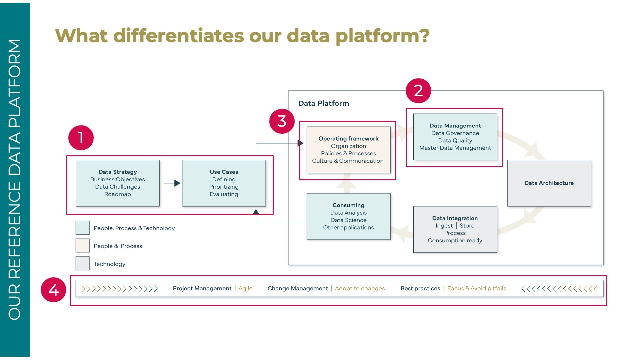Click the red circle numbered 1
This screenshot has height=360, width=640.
coord(80,139)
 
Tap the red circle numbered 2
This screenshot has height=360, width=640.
coord(418,90)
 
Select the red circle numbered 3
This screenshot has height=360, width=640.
coord(282,121)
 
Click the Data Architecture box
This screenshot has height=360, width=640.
coord(549,183)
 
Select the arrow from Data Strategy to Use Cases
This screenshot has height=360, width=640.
coord(172,183)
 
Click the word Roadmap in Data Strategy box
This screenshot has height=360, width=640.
coord(118,194)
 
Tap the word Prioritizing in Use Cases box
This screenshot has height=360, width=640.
coord(224,187)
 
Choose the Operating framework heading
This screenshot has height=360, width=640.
coord(348,139)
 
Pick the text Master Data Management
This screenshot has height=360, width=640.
coord(455,148)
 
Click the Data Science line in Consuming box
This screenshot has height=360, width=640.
coord(348,220)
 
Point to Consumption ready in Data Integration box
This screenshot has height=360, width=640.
coord(455,240)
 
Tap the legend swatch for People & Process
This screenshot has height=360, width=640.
coord(83,246)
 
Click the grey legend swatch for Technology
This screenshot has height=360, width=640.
coord(83,264)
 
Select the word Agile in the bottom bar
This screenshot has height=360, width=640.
coord(245,288)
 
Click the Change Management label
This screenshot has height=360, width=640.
coord(298,288)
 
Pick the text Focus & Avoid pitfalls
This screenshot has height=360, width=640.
coord(476,288)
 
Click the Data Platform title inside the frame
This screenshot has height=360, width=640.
coord(323,103)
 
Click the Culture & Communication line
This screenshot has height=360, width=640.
coord(348,161)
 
